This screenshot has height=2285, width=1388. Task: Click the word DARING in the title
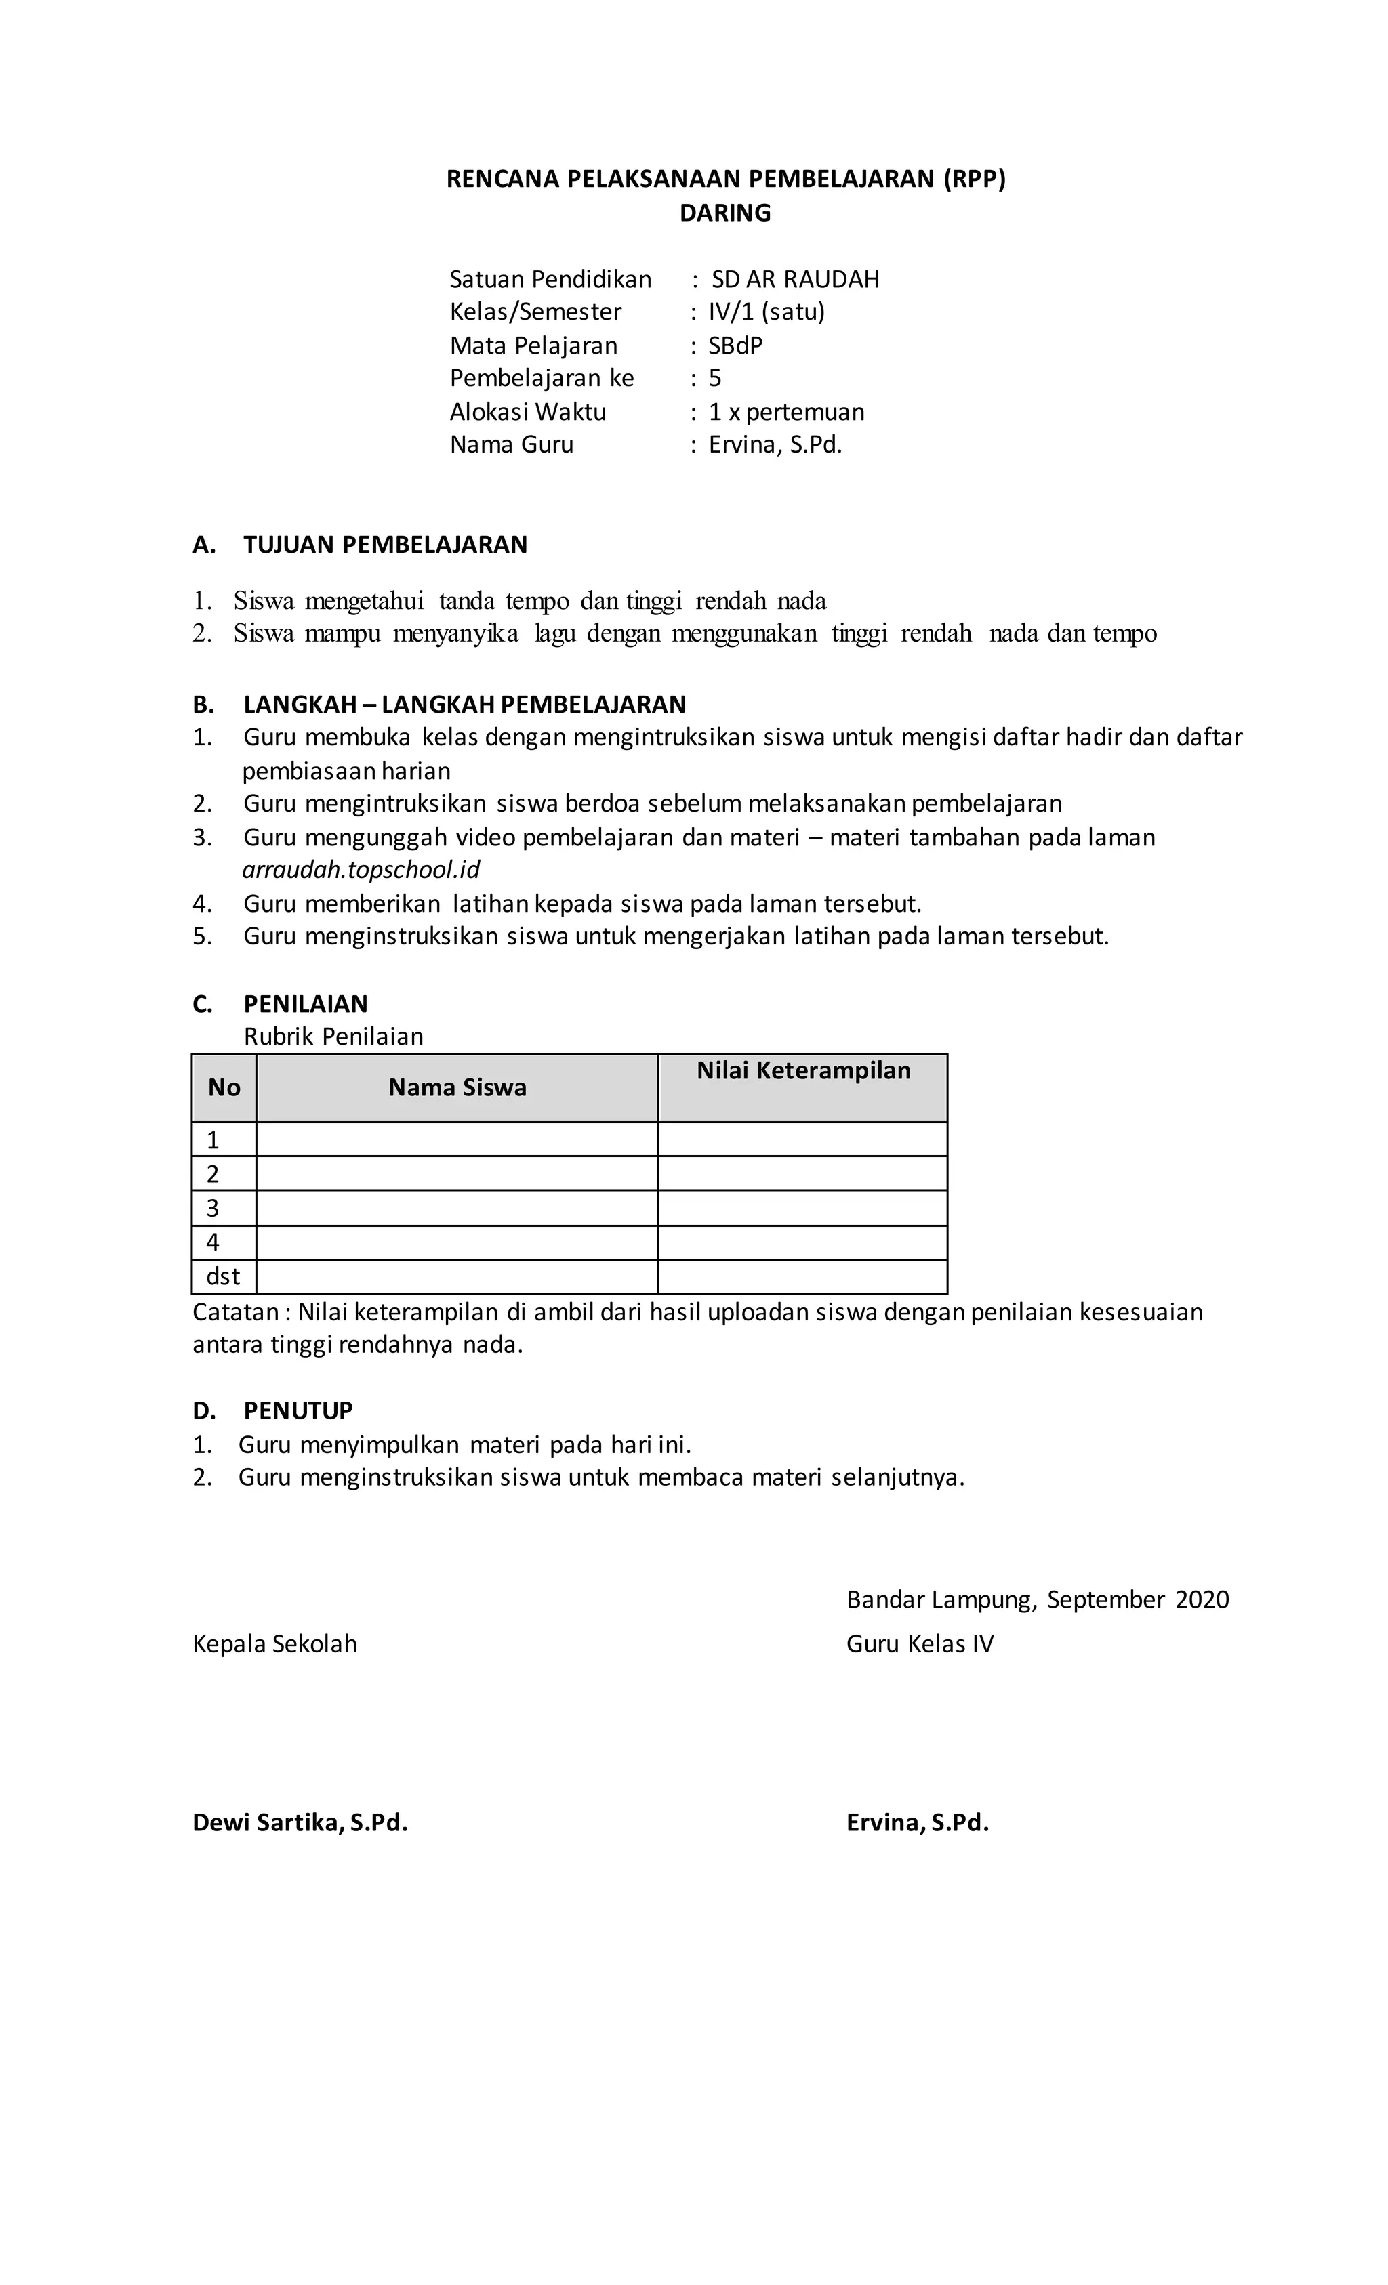point(724,213)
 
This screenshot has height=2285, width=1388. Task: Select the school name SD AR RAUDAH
point(794,279)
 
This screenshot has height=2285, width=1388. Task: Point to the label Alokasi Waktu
point(527,412)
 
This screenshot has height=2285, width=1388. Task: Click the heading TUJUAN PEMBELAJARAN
point(385,545)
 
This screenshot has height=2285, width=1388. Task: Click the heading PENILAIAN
point(305,1003)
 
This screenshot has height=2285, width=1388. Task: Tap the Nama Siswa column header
point(457,1088)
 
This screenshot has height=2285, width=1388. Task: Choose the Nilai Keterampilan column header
point(802,1071)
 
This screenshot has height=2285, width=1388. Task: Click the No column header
point(224,1088)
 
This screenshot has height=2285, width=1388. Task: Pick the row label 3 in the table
point(212,1209)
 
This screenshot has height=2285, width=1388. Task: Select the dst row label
point(223,1277)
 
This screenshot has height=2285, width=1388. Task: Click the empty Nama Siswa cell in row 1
point(457,1139)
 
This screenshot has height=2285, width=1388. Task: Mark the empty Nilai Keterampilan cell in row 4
point(802,1242)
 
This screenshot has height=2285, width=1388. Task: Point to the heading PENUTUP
point(298,1410)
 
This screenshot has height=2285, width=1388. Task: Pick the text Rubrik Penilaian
point(333,1036)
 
